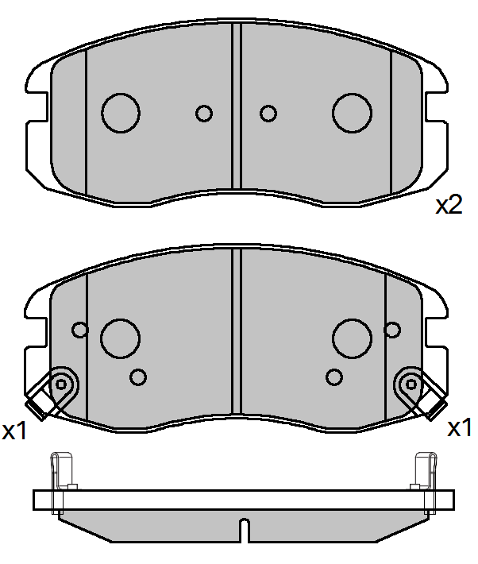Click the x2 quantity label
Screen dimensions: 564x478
point(449,206)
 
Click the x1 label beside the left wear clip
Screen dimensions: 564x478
point(15,431)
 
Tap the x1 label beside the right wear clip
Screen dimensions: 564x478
point(460,429)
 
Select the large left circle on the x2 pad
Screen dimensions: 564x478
point(121,113)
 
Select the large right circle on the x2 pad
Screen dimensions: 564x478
point(352,113)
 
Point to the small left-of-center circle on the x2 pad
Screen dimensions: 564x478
point(204,114)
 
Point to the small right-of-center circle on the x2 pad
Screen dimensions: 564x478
point(268,114)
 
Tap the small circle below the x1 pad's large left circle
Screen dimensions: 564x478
point(138,377)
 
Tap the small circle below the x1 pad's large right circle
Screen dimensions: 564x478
point(334,377)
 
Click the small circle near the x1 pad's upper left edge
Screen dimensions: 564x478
point(79,329)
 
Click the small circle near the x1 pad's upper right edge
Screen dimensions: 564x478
point(392,329)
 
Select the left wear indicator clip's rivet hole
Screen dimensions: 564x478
point(61,384)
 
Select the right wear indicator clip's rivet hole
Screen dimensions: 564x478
point(411,384)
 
